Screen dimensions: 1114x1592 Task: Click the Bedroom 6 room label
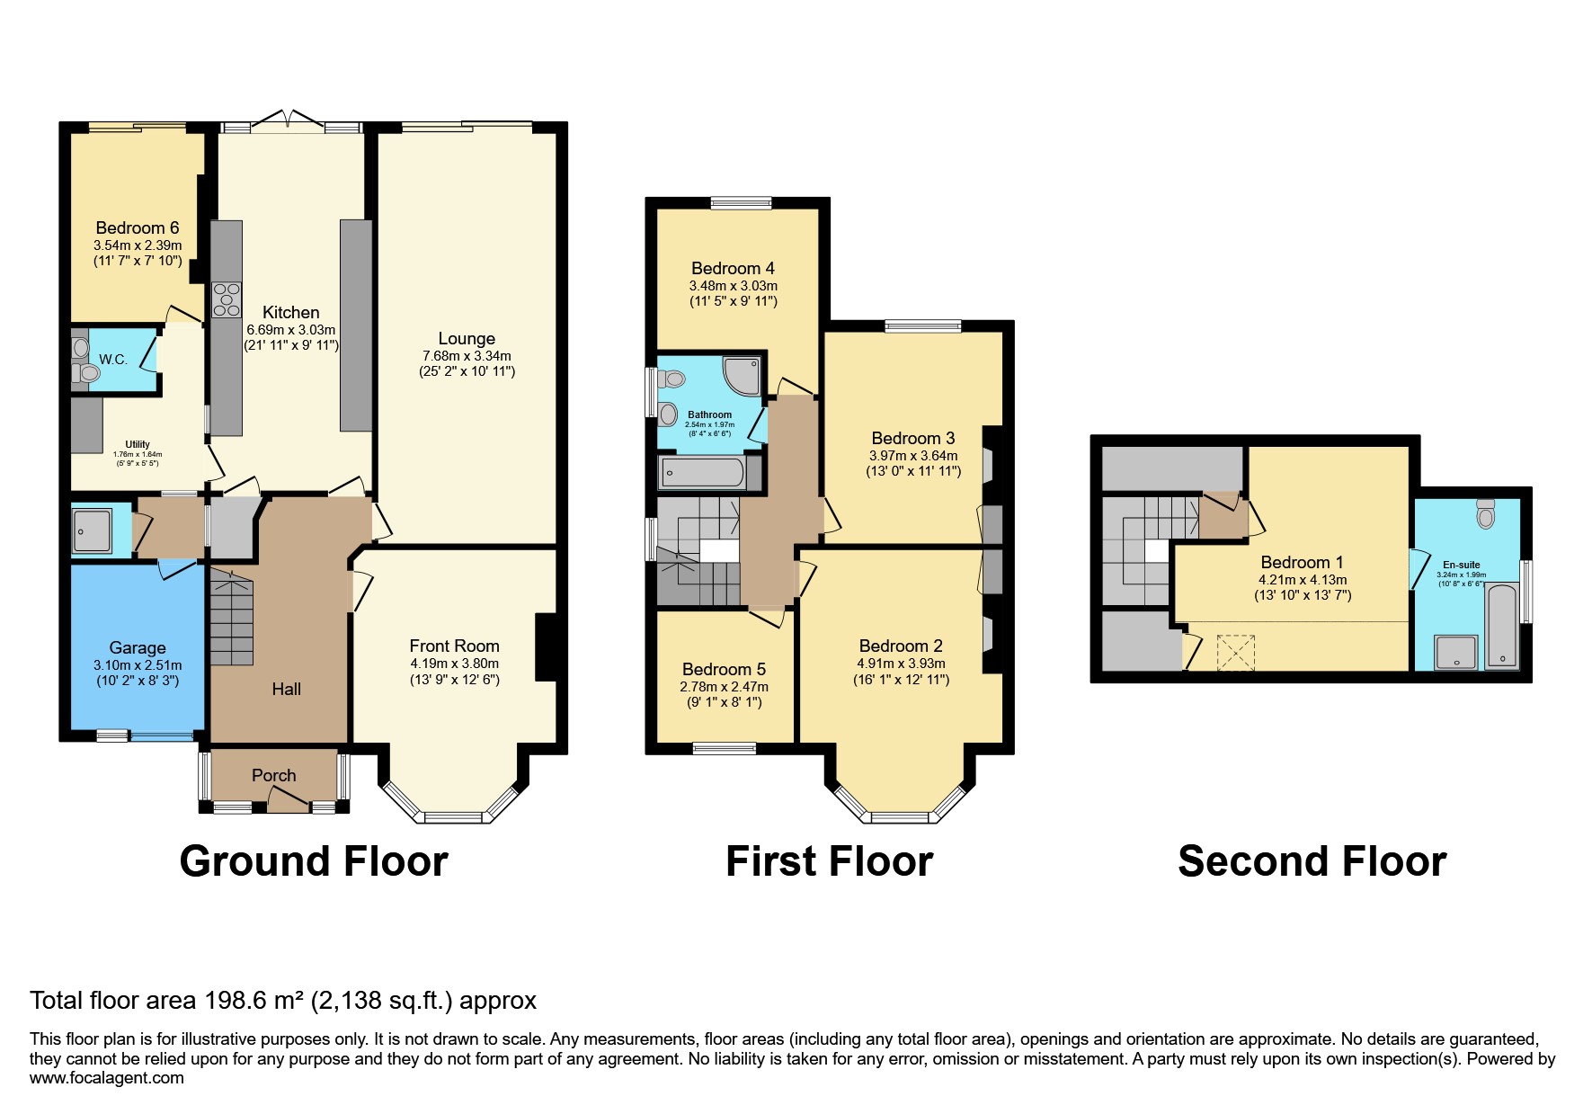137,227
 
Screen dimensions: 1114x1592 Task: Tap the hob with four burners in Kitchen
226,299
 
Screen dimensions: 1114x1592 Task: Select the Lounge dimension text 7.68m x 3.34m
467,356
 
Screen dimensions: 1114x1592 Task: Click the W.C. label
112,360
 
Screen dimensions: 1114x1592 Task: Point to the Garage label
137,647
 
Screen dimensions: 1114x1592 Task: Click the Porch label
273,775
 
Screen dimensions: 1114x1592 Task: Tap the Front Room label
454,646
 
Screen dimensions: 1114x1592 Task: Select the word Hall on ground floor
286,689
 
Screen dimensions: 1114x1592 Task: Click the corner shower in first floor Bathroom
743,375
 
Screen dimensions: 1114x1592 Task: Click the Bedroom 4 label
733,268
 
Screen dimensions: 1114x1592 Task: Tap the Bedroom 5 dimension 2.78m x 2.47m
724,686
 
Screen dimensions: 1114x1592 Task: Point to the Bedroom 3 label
912,438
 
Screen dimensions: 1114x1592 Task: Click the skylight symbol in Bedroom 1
1234,653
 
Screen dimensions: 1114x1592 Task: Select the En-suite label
1461,565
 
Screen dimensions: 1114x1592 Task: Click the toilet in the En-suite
1485,515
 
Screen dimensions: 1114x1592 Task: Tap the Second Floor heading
1312,861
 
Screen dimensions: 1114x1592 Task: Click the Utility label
138,444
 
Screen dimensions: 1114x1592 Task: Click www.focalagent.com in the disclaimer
106,1077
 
